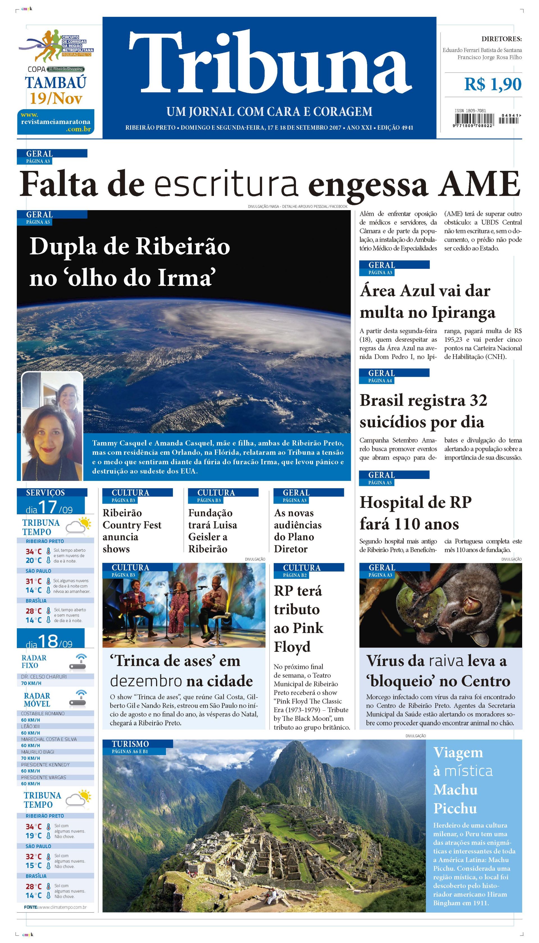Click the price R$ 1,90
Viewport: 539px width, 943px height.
[x=493, y=84]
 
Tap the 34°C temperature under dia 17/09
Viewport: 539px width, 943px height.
[x=33, y=551]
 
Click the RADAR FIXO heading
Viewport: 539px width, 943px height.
[x=34, y=662]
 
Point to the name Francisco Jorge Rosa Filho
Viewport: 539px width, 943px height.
[x=489, y=57]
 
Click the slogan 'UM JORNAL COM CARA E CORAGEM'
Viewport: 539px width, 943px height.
[x=269, y=111]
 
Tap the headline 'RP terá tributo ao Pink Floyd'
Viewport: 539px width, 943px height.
[x=298, y=619]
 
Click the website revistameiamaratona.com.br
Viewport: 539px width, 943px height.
[x=56, y=122]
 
